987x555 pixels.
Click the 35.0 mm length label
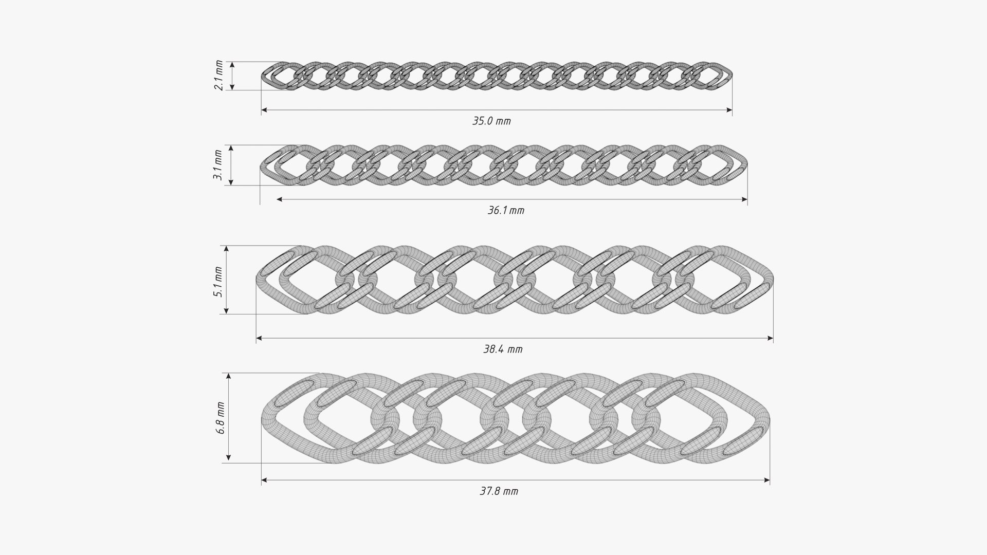tap(491, 122)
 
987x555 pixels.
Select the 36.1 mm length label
tap(506, 211)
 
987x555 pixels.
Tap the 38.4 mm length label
tap(503, 349)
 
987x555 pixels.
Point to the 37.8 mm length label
tap(499, 491)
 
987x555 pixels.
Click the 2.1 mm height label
tap(219, 76)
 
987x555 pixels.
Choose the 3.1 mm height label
tap(218, 165)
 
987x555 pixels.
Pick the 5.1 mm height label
tap(218, 282)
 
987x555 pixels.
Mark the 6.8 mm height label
tap(221, 418)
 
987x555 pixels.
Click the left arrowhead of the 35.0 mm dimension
tap(264, 110)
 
